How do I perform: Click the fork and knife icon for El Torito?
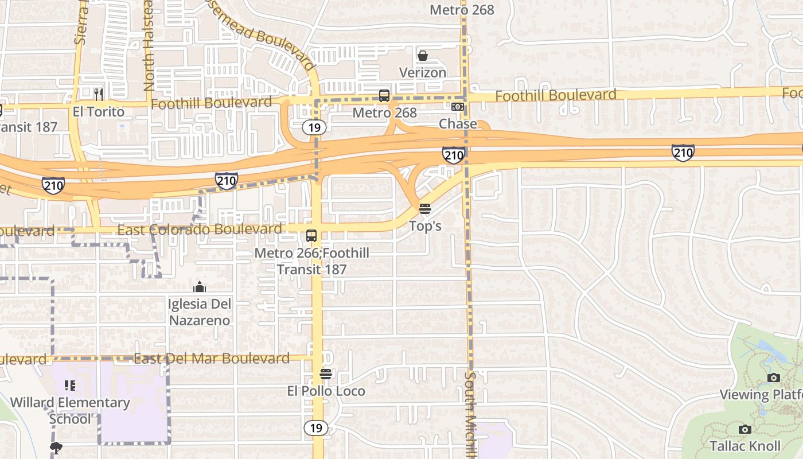(x=99, y=94)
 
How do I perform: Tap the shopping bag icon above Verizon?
(x=423, y=56)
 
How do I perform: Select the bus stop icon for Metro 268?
(x=384, y=96)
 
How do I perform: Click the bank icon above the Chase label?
(x=457, y=107)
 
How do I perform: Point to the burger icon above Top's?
(x=424, y=209)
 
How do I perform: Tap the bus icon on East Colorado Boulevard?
(x=311, y=236)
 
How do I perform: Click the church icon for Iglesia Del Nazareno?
(x=200, y=287)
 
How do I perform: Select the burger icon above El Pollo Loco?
(x=326, y=374)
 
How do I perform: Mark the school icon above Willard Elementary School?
(x=70, y=386)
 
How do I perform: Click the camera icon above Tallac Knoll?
(x=744, y=429)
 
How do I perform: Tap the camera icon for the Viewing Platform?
(x=774, y=378)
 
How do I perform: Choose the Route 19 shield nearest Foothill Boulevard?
(x=314, y=127)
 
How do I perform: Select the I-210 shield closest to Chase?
(x=453, y=155)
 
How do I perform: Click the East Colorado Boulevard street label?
(x=199, y=229)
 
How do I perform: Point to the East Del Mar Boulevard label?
(x=211, y=359)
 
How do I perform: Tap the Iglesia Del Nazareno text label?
(x=200, y=312)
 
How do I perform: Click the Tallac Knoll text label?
(x=744, y=446)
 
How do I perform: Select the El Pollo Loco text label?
(x=326, y=391)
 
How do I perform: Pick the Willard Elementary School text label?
(x=70, y=410)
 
